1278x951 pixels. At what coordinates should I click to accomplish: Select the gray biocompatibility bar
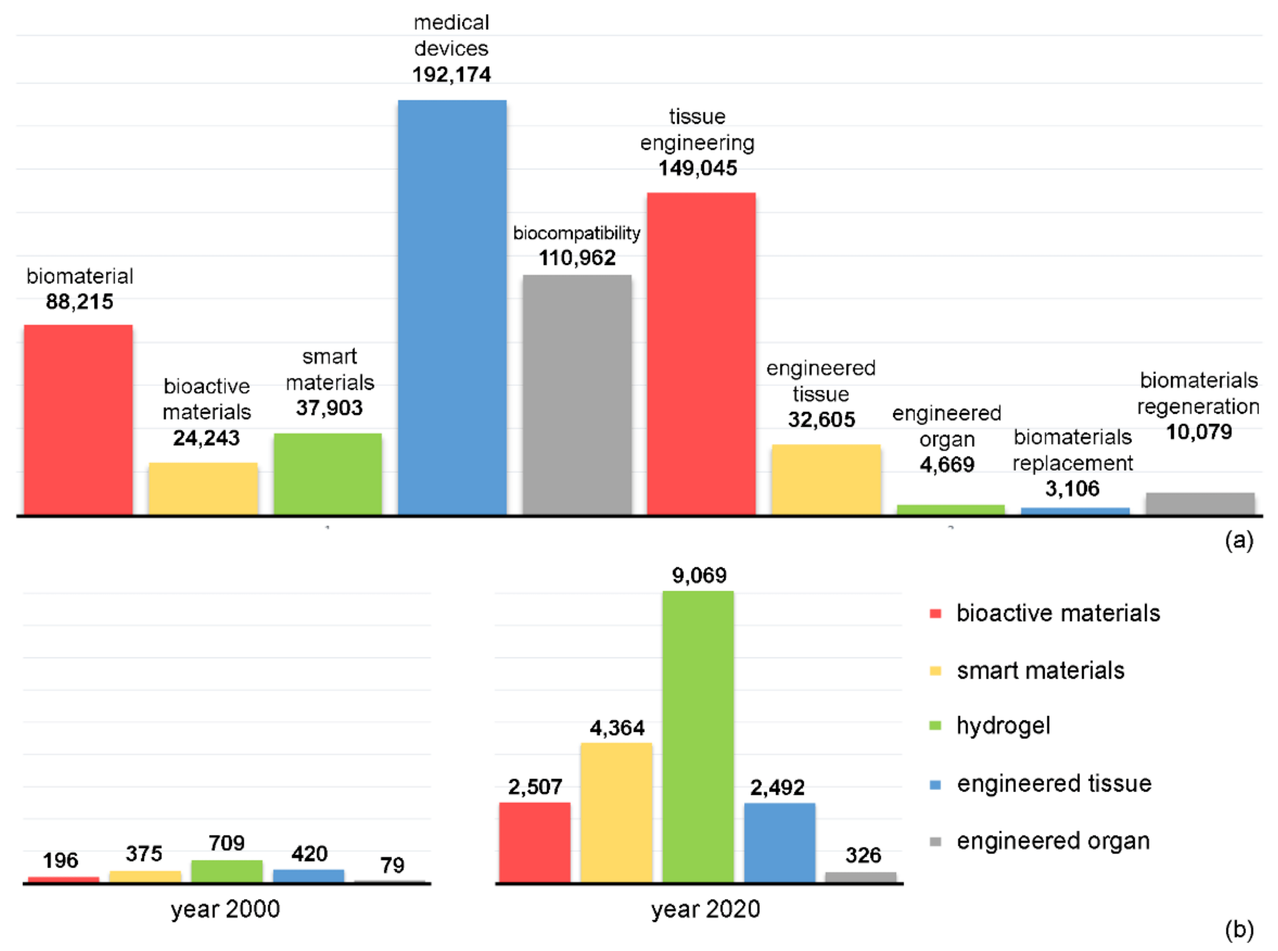(577, 394)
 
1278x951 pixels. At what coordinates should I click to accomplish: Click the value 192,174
(451, 74)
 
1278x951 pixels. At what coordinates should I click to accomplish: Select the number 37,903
(329, 408)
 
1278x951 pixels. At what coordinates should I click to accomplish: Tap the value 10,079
(1198, 432)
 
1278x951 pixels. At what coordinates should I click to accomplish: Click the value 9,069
(699, 575)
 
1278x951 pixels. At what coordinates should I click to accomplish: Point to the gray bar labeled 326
(861, 877)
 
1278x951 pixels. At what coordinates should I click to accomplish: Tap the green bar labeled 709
(227, 871)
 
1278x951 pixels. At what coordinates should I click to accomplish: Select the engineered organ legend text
(1053, 841)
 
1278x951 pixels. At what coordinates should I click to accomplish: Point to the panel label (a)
(1239, 540)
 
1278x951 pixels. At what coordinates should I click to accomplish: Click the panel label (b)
(1239, 930)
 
